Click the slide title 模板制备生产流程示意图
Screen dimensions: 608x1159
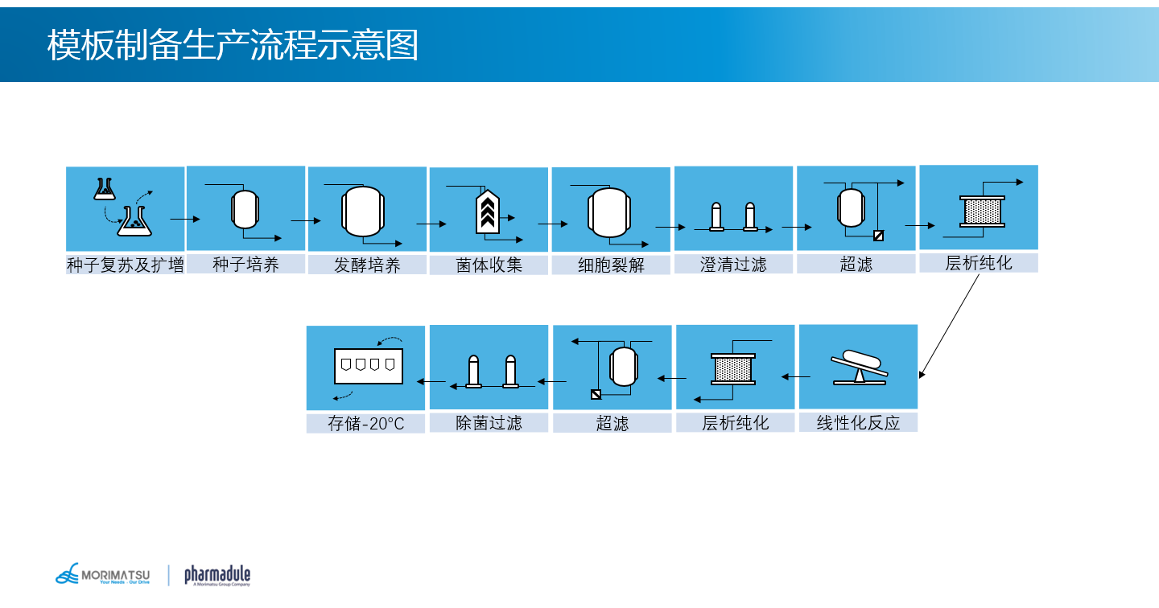(233, 45)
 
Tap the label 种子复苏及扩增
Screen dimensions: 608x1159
(125, 265)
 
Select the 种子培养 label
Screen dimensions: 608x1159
(245, 264)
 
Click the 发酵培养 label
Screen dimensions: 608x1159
(367, 265)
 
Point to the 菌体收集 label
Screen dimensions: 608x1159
(489, 265)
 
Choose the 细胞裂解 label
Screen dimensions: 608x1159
(611, 265)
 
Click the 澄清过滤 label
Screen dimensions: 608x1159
(733, 265)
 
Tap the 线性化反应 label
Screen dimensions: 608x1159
(858, 423)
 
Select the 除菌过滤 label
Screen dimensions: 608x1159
(489, 423)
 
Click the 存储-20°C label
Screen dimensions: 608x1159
(365, 424)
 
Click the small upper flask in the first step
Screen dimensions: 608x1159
(102, 190)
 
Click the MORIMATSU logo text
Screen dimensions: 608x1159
(115, 574)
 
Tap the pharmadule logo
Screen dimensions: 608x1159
(217, 575)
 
